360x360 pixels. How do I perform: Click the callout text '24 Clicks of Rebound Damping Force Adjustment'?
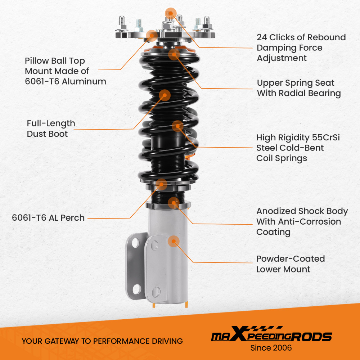(x=301, y=48)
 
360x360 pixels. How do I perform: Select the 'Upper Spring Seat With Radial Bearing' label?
(x=299, y=88)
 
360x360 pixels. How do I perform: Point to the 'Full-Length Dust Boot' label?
(x=51, y=129)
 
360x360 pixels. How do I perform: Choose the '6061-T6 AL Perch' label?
(x=48, y=218)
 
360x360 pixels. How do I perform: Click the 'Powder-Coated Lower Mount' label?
(x=291, y=264)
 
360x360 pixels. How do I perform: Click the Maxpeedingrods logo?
(x=271, y=334)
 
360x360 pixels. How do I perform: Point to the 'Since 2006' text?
(x=271, y=348)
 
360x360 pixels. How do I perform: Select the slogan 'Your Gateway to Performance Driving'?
(x=102, y=341)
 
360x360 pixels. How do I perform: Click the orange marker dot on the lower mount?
(x=174, y=241)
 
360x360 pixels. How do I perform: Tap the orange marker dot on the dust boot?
(x=165, y=95)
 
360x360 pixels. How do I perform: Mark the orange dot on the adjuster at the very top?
(x=171, y=13)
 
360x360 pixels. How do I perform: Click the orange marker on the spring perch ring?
(x=161, y=184)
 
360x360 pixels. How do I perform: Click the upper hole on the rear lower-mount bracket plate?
(x=135, y=242)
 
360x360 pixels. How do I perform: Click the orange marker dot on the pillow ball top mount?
(x=152, y=36)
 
